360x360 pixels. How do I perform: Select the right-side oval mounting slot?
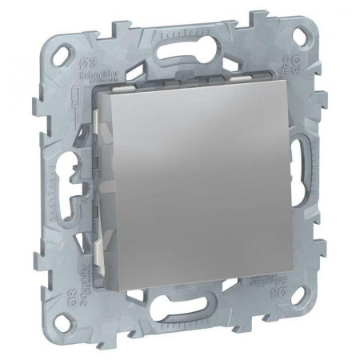pos(306,159)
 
